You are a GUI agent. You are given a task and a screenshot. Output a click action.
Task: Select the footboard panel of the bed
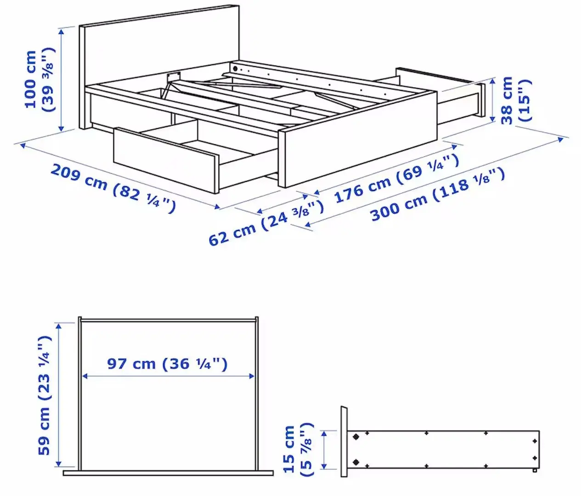[x=358, y=138]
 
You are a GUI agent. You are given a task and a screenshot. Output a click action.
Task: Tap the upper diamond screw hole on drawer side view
[x=355, y=437]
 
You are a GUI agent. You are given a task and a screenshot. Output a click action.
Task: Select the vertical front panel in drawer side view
[x=344, y=441]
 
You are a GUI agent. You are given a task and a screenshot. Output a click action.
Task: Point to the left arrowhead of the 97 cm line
[x=85, y=376]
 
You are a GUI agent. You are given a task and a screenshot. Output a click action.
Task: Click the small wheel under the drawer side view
[x=534, y=471]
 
